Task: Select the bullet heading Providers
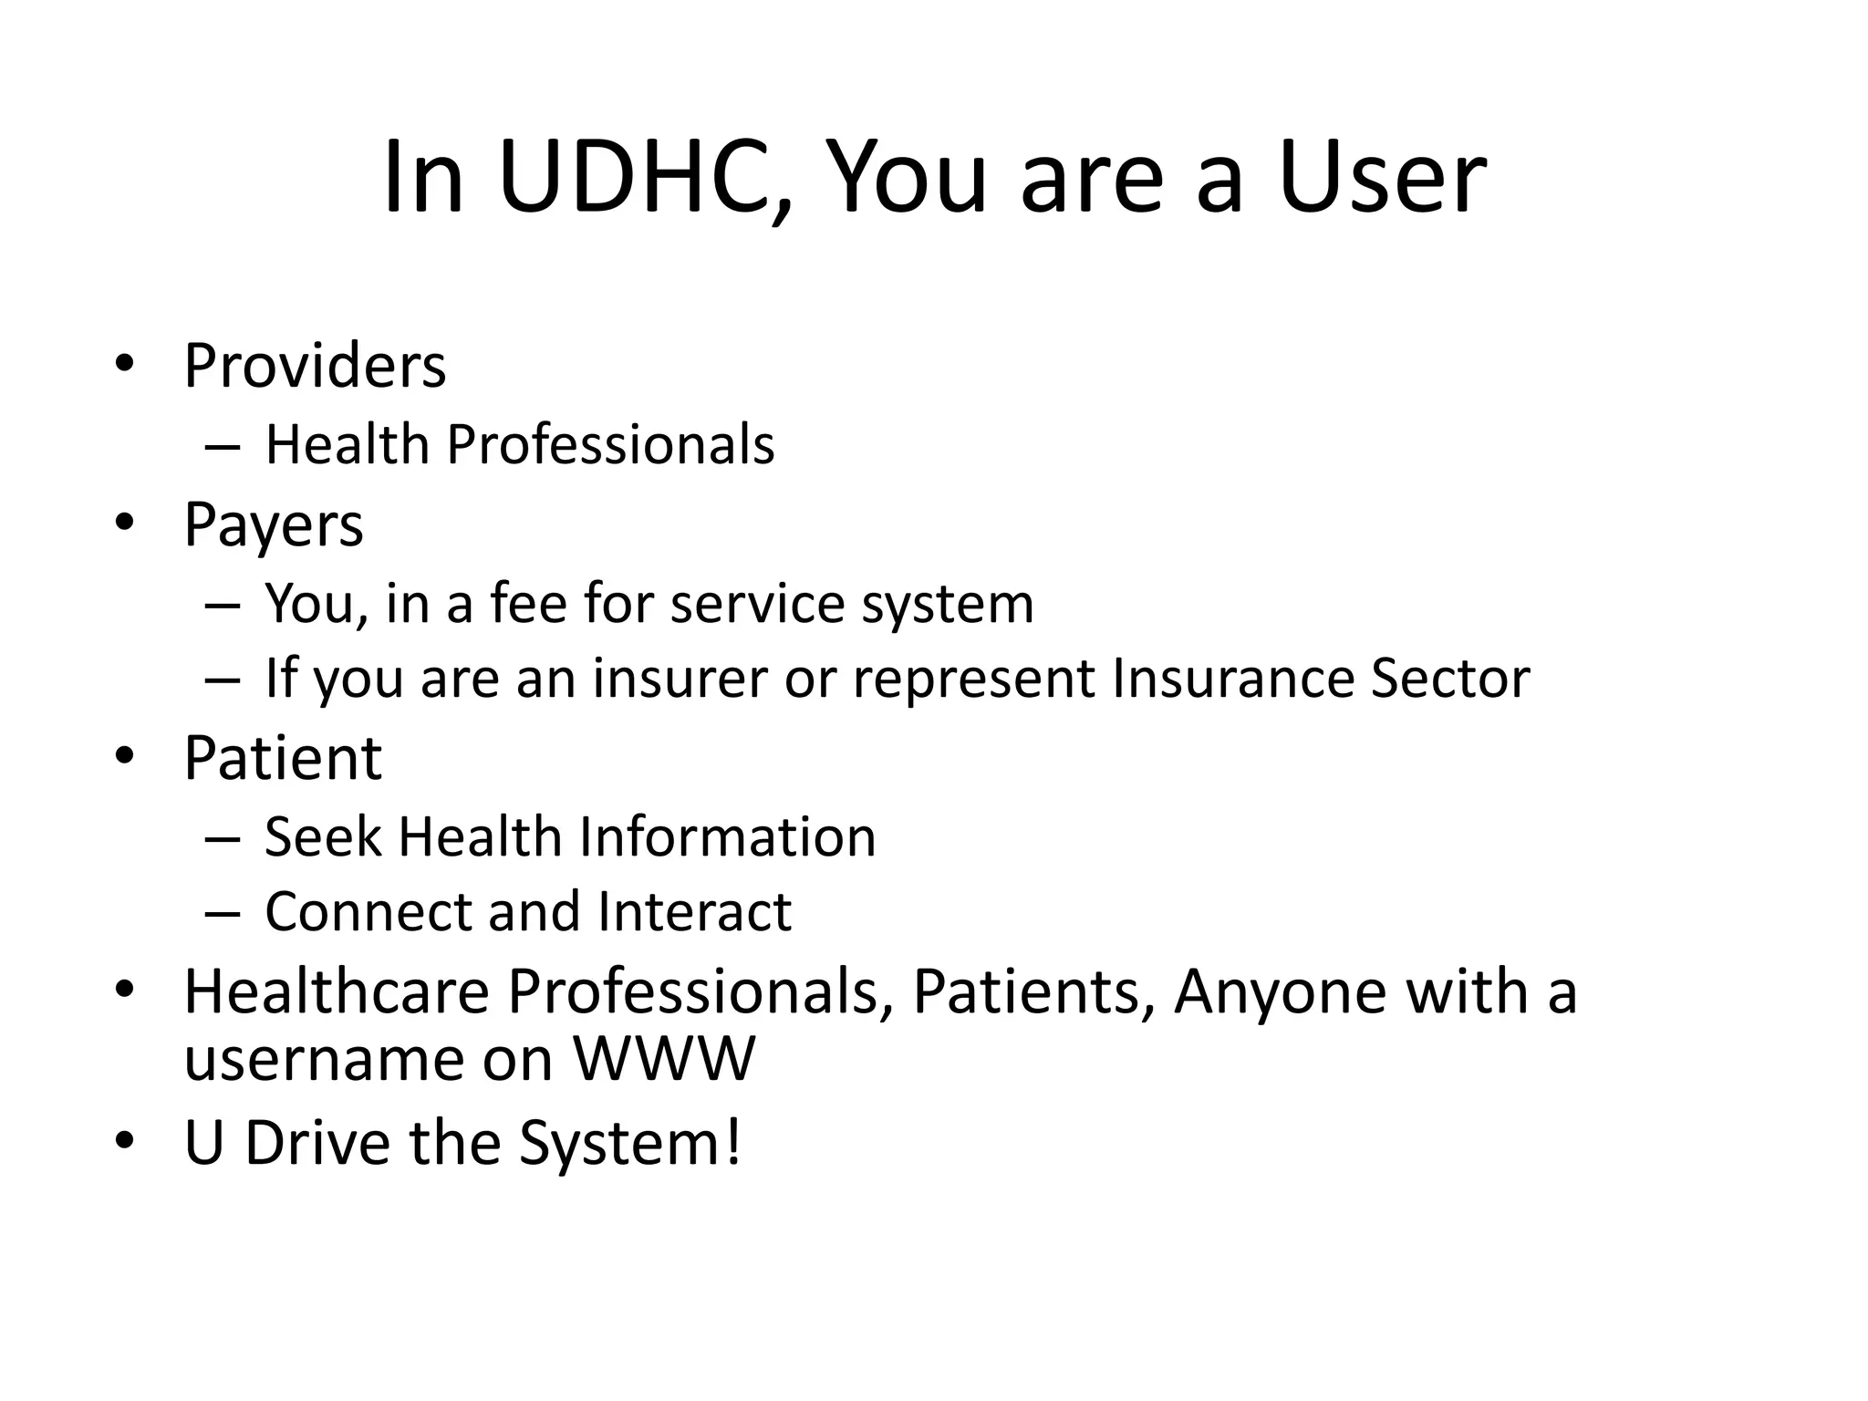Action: point(315,367)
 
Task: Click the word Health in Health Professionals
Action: point(348,445)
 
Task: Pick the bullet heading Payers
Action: point(274,525)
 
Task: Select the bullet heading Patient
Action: point(283,758)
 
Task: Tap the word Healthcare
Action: point(337,991)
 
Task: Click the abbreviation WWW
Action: point(664,1059)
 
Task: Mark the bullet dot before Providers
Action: point(125,365)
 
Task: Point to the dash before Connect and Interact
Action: point(223,913)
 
